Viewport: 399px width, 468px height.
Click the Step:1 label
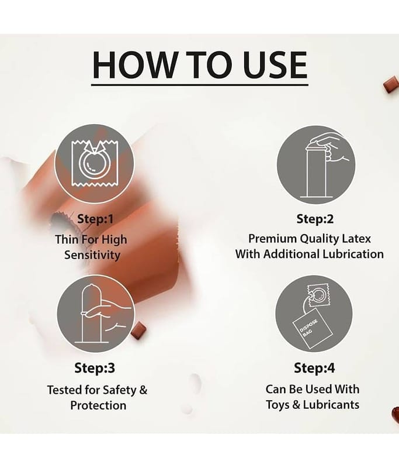95,219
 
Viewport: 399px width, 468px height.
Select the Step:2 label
315,219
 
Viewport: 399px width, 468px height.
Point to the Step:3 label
95,368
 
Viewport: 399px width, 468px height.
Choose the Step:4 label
314,368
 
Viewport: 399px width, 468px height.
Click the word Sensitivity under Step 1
92,256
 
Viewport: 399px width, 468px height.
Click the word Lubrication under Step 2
353,254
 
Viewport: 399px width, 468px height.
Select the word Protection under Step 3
98,405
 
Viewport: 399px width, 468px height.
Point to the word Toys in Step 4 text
277,405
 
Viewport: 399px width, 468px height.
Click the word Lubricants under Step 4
331,405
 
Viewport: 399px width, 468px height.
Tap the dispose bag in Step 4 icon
309,328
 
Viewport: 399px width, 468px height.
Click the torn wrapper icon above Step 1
95,164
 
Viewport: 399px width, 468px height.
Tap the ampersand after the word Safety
143,390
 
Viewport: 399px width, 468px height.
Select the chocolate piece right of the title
391,84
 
